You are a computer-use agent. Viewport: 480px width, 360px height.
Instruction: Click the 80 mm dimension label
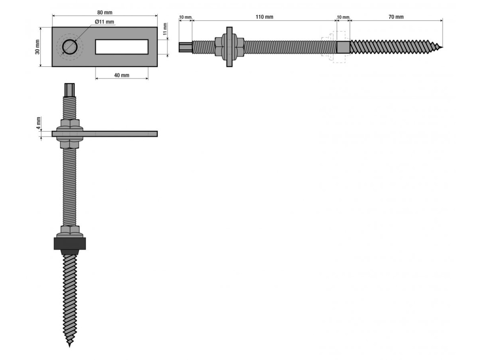coord(105,13)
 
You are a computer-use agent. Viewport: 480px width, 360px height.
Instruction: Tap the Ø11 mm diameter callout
coord(104,22)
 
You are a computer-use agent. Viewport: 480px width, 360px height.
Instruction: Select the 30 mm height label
coord(37,47)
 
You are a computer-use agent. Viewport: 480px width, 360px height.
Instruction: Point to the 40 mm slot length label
coord(121,75)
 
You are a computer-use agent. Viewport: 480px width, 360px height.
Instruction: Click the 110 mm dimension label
coord(265,17)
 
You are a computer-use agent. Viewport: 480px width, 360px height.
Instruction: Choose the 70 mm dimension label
coord(396,17)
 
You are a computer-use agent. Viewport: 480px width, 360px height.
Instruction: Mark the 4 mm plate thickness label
coord(39,123)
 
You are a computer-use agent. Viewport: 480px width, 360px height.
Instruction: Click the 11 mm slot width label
coord(165,29)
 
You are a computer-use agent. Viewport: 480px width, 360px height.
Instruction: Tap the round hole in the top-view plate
coord(70,47)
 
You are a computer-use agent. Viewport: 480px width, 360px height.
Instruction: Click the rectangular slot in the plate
coord(121,47)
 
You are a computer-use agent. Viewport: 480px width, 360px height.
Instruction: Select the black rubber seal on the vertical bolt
coord(70,244)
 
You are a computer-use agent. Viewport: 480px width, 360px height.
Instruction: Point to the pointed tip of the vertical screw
coord(70,346)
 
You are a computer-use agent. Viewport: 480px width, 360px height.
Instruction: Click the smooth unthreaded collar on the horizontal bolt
coord(343,47)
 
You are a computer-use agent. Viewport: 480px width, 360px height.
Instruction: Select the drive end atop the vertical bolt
coord(70,90)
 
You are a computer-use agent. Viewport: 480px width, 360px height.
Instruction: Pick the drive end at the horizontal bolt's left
coord(185,47)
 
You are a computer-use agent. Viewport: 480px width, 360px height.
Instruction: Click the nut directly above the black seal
coord(70,231)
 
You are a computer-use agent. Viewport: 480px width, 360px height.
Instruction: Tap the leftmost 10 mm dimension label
coord(185,17)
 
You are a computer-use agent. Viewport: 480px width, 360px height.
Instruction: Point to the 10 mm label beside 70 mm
coord(343,17)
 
